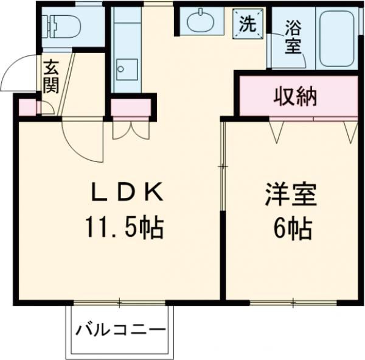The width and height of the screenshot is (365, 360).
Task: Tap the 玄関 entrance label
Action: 50,75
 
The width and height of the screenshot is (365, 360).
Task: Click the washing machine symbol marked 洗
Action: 248,24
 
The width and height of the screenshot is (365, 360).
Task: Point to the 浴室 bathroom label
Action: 293,37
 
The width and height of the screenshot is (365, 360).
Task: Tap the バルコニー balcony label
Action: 120,331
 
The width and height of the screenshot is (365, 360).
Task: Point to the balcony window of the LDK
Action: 120,303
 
